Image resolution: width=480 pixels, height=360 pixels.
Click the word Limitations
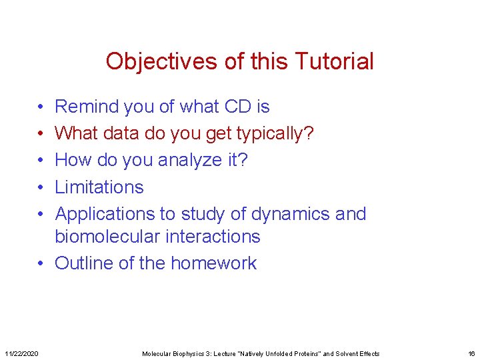pyautogui.click(x=99, y=187)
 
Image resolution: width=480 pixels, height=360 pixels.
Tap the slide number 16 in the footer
pyautogui.click(x=471, y=353)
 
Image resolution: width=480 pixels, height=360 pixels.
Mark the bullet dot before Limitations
pyautogui.click(x=41, y=187)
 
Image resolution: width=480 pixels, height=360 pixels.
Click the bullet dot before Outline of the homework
pyautogui.click(x=41, y=263)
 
